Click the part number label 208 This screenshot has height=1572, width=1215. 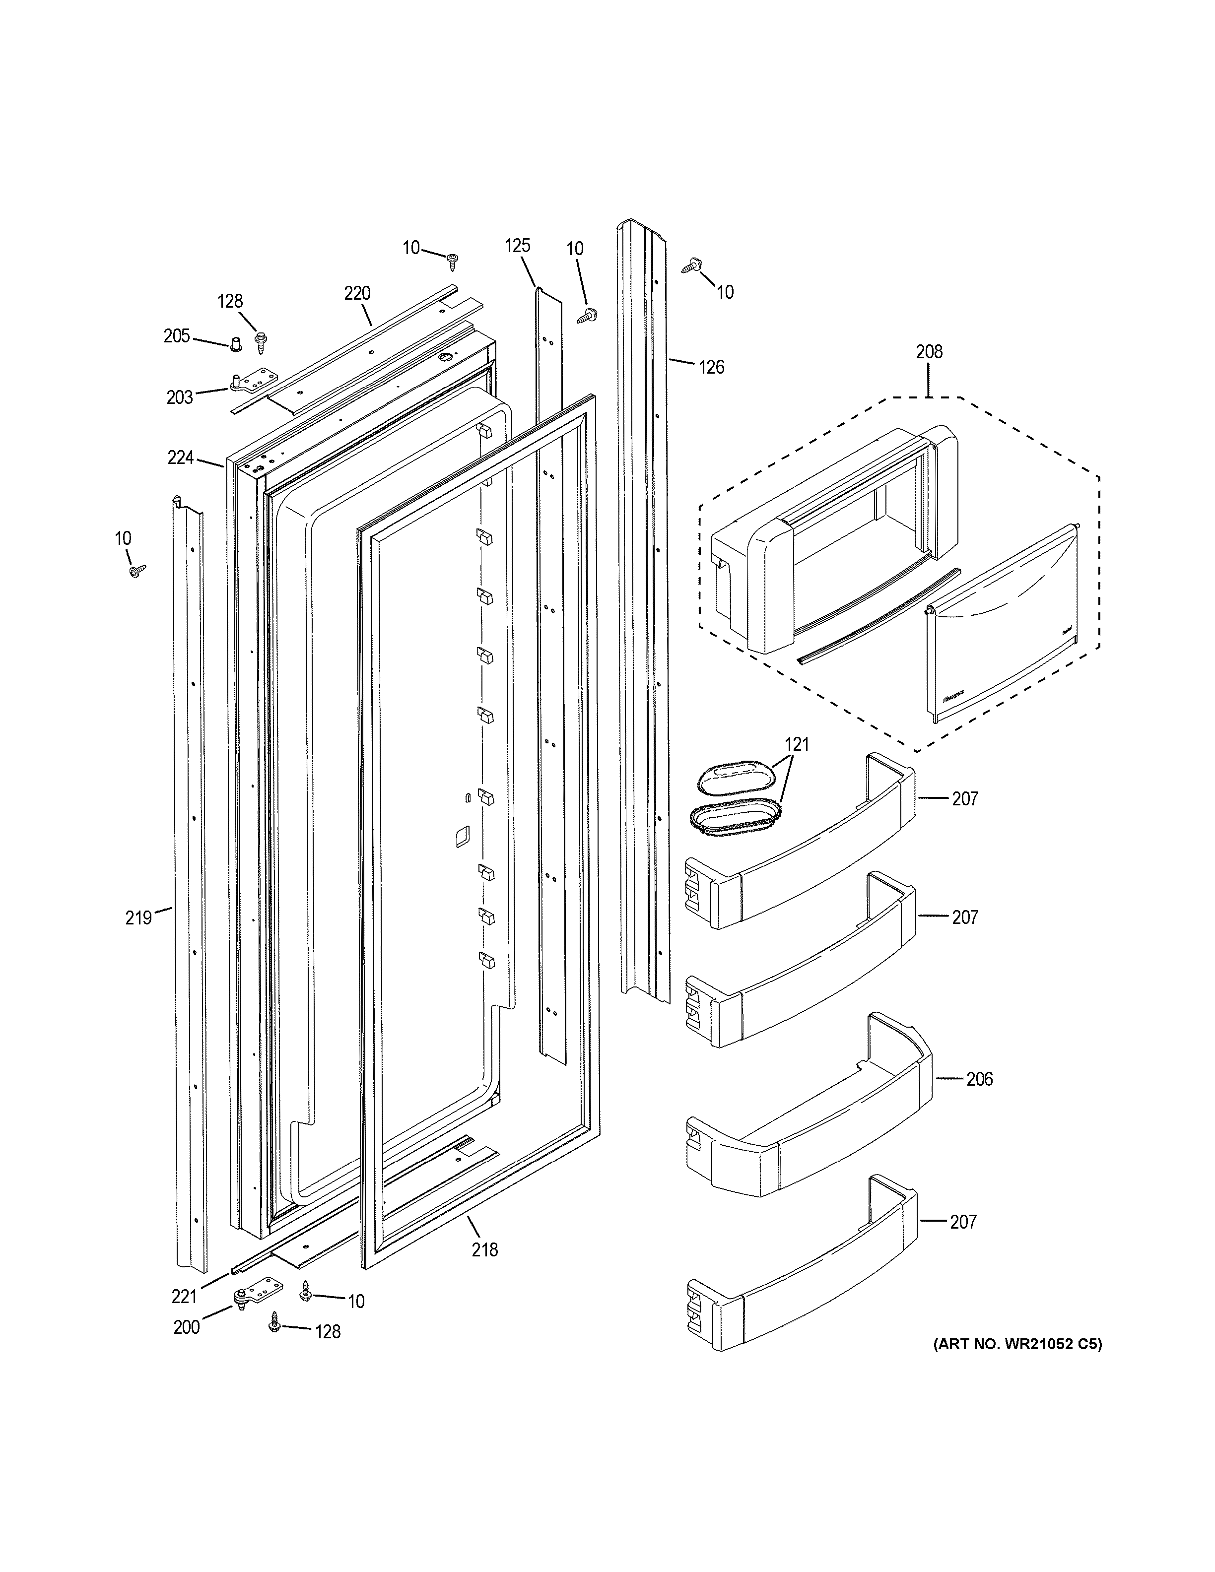(929, 352)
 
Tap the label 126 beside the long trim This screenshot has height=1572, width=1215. (711, 367)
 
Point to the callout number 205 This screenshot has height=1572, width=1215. (176, 336)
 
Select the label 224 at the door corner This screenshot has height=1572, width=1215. (181, 457)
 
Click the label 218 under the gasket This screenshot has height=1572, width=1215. (484, 1249)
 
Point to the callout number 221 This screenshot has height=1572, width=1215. (184, 1296)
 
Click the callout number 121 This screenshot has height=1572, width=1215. (797, 745)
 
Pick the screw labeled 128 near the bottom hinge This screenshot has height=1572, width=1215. (274, 1320)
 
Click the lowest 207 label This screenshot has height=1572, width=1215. (964, 1222)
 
